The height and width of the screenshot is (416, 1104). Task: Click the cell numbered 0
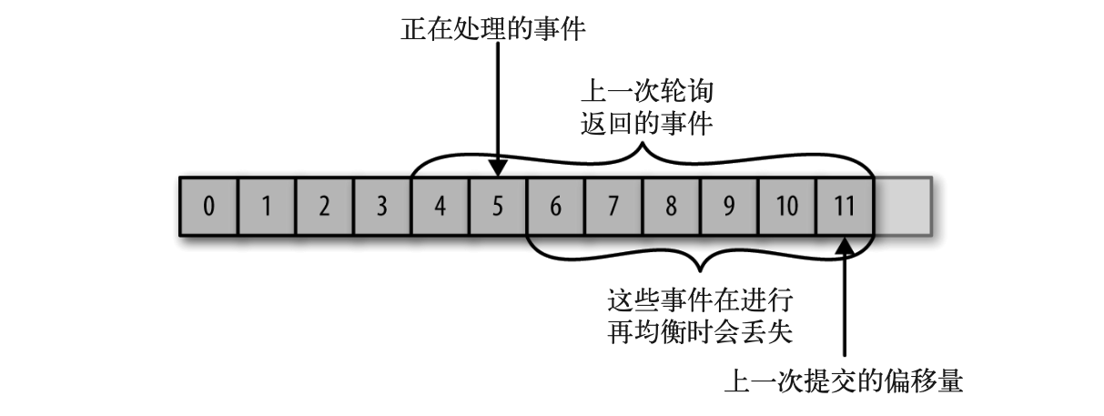(x=209, y=206)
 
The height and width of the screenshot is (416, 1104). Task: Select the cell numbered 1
(x=267, y=206)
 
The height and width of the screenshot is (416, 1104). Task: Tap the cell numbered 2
(x=324, y=206)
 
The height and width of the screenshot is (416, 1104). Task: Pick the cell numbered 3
(x=382, y=206)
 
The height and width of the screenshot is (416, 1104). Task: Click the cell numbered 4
(x=441, y=206)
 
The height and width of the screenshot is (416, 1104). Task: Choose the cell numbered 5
(x=498, y=206)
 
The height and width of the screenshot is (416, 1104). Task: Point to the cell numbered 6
(x=556, y=206)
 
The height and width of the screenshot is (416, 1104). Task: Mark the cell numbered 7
(x=613, y=206)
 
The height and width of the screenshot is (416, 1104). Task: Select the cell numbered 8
(x=672, y=206)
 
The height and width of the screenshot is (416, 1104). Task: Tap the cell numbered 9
(x=729, y=206)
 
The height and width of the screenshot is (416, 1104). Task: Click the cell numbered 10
(x=787, y=206)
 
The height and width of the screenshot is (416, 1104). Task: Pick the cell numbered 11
(x=845, y=206)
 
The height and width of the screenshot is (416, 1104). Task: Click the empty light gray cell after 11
(x=903, y=206)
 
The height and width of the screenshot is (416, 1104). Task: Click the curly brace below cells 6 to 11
(x=700, y=259)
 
